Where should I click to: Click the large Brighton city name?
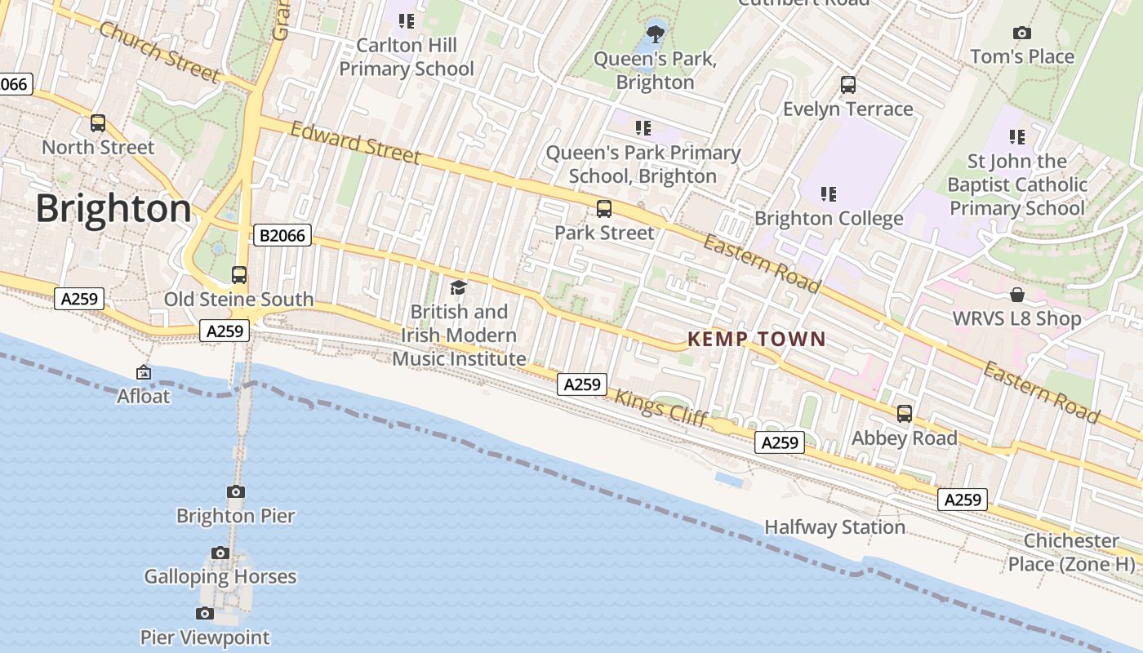click(113, 209)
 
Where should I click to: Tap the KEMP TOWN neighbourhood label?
click(756, 339)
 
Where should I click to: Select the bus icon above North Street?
click(98, 123)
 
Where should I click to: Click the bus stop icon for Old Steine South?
click(239, 275)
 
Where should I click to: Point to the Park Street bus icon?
click(604, 208)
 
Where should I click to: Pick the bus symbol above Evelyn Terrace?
click(848, 84)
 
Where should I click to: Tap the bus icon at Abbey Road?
click(905, 414)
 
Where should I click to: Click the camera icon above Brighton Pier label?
click(236, 491)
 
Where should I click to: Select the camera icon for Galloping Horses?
click(220, 553)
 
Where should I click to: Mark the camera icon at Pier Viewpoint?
click(205, 613)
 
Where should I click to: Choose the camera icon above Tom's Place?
click(1021, 33)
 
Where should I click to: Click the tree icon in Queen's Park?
click(655, 33)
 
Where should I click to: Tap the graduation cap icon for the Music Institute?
click(458, 287)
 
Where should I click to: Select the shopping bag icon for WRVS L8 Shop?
click(1017, 294)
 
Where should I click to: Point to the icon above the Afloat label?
click(144, 372)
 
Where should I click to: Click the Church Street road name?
click(159, 52)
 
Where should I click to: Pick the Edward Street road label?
click(355, 143)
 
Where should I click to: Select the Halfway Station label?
click(834, 527)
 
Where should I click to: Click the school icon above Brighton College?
click(829, 193)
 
